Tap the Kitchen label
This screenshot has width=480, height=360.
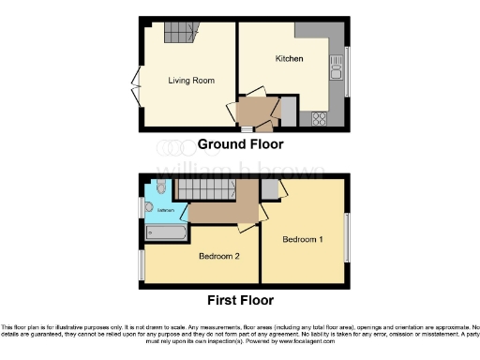click(289, 59)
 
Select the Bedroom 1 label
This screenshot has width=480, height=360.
click(303, 240)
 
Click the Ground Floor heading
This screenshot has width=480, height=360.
click(240, 144)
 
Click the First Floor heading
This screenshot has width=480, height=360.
click(240, 301)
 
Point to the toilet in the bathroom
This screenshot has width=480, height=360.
click(162, 188)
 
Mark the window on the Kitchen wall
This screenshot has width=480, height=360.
click(347, 66)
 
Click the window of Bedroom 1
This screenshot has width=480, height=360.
click(347, 239)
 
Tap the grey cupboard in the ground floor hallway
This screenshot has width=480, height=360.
click(290, 113)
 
